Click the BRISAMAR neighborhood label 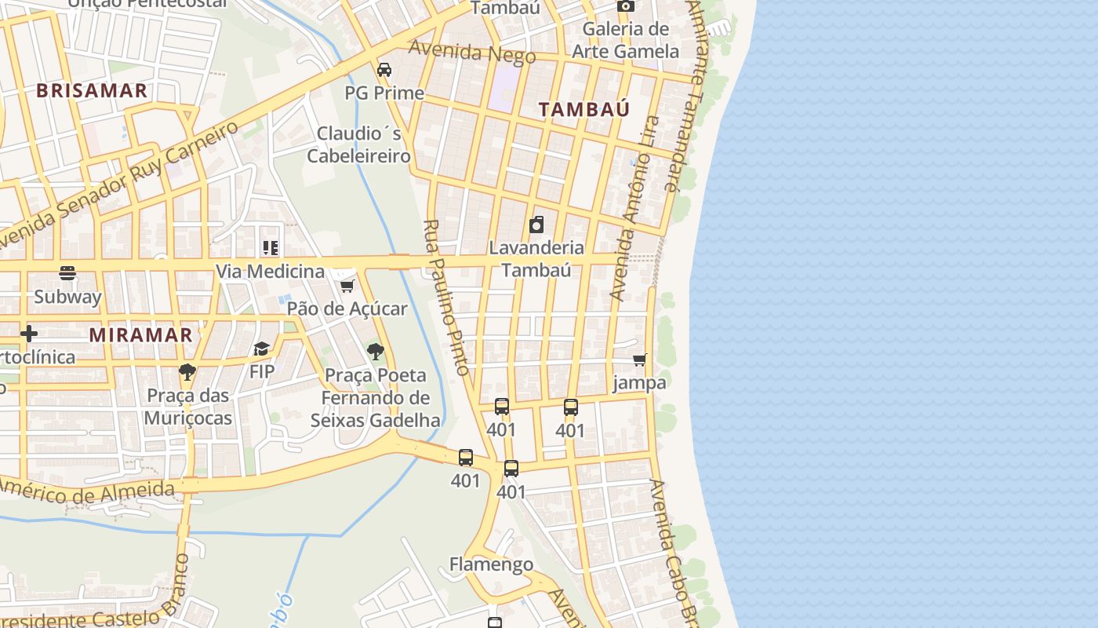click(x=92, y=90)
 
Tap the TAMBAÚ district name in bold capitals click(x=584, y=109)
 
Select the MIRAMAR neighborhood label click(x=140, y=334)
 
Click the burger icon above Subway click(x=67, y=274)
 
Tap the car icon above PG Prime click(x=384, y=70)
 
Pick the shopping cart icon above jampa click(x=640, y=360)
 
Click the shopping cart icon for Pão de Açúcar click(x=347, y=286)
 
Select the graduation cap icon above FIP click(x=261, y=349)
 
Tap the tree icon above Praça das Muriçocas click(x=187, y=371)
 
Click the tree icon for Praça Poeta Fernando click(x=376, y=351)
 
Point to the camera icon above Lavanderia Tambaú click(x=536, y=225)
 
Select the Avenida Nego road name click(x=472, y=53)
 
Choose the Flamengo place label click(x=491, y=564)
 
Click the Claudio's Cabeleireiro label click(x=358, y=144)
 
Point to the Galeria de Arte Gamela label click(x=625, y=40)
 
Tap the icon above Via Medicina click(x=271, y=249)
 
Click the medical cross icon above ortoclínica click(x=29, y=334)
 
